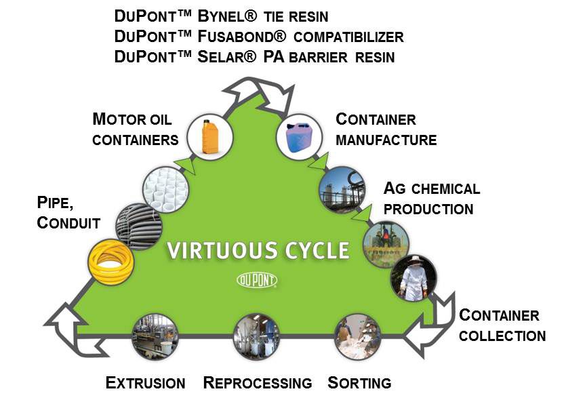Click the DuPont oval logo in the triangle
tap(257, 279)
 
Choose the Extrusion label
tap(146, 383)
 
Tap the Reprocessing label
tap(258, 383)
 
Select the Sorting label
tap(359, 383)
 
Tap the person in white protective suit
tap(413, 277)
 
